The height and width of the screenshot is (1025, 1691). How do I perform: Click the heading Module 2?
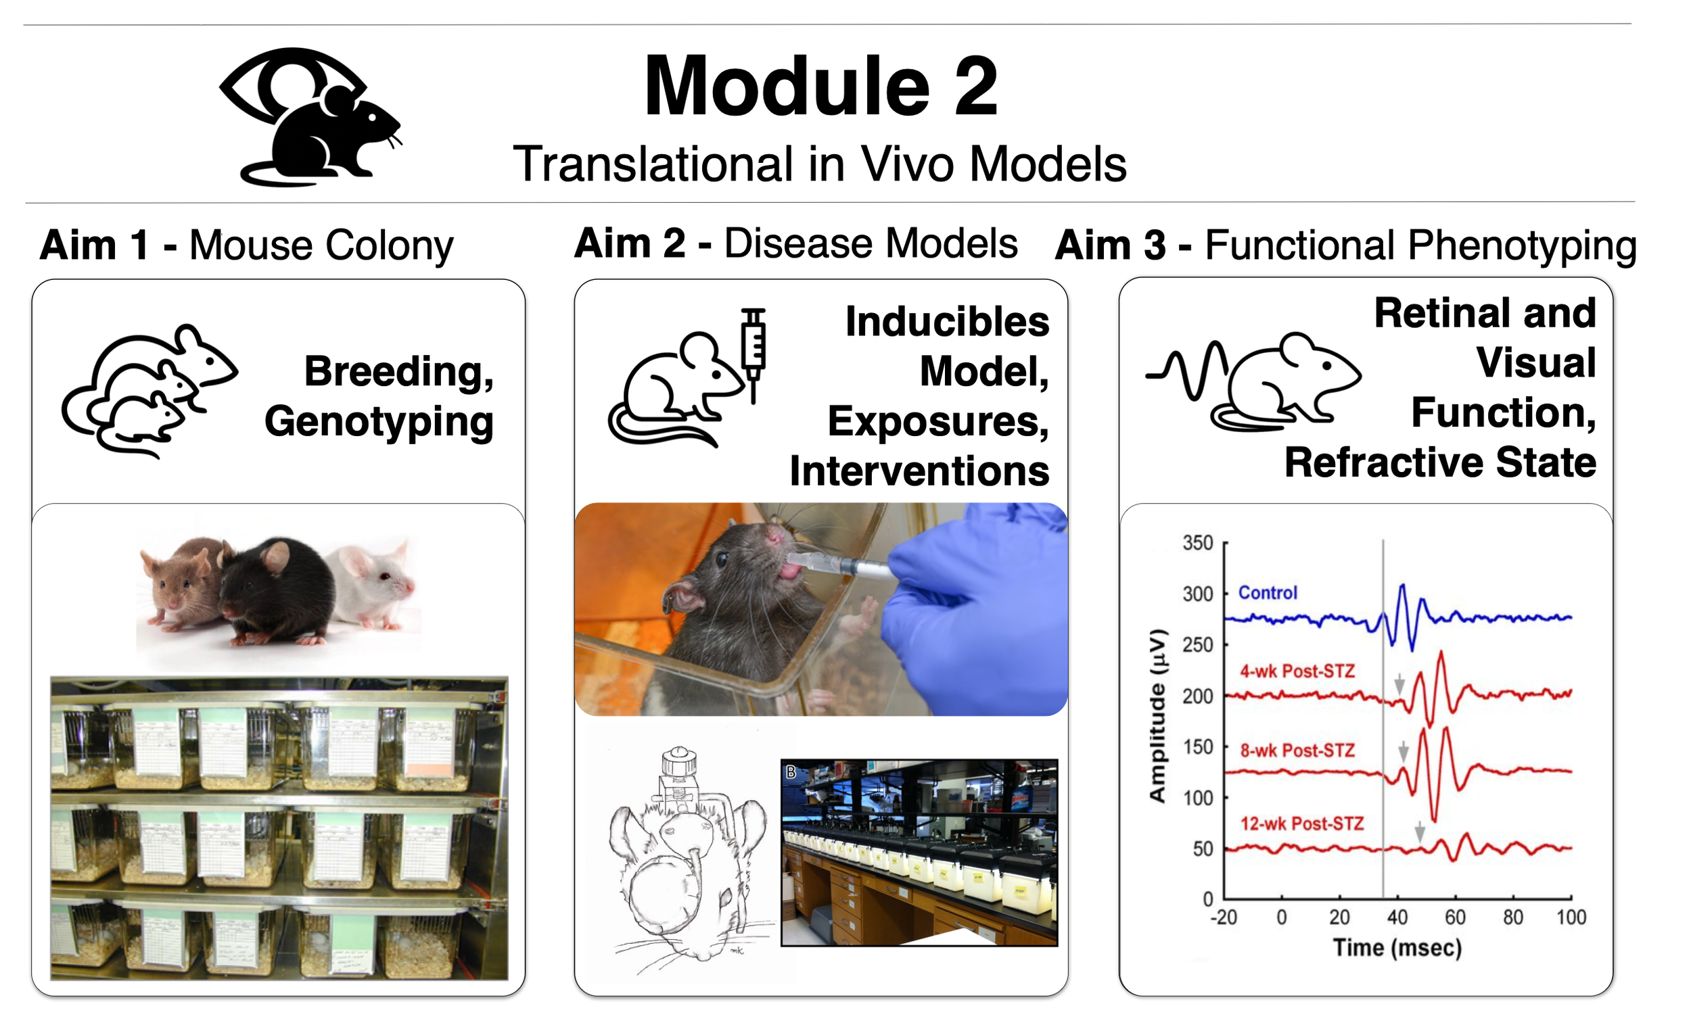click(820, 87)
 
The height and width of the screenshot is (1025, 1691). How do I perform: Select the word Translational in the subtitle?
click(653, 164)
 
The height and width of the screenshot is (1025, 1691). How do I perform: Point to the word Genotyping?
click(379, 421)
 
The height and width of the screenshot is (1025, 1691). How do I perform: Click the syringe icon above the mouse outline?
click(753, 353)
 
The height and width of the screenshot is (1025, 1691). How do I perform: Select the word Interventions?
click(919, 471)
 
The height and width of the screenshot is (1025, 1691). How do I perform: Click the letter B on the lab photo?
click(791, 772)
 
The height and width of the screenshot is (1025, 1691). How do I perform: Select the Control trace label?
click(1268, 593)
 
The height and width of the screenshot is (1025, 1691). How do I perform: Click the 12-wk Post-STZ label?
click(1302, 824)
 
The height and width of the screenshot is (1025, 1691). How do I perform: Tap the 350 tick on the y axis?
click(1197, 544)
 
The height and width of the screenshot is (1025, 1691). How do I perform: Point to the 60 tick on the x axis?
click(1455, 918)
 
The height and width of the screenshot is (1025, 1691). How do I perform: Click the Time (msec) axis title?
click(1397, 948)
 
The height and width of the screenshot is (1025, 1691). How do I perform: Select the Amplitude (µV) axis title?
click(1158, 715)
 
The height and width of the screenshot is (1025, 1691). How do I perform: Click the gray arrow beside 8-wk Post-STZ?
click(1404, 751)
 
